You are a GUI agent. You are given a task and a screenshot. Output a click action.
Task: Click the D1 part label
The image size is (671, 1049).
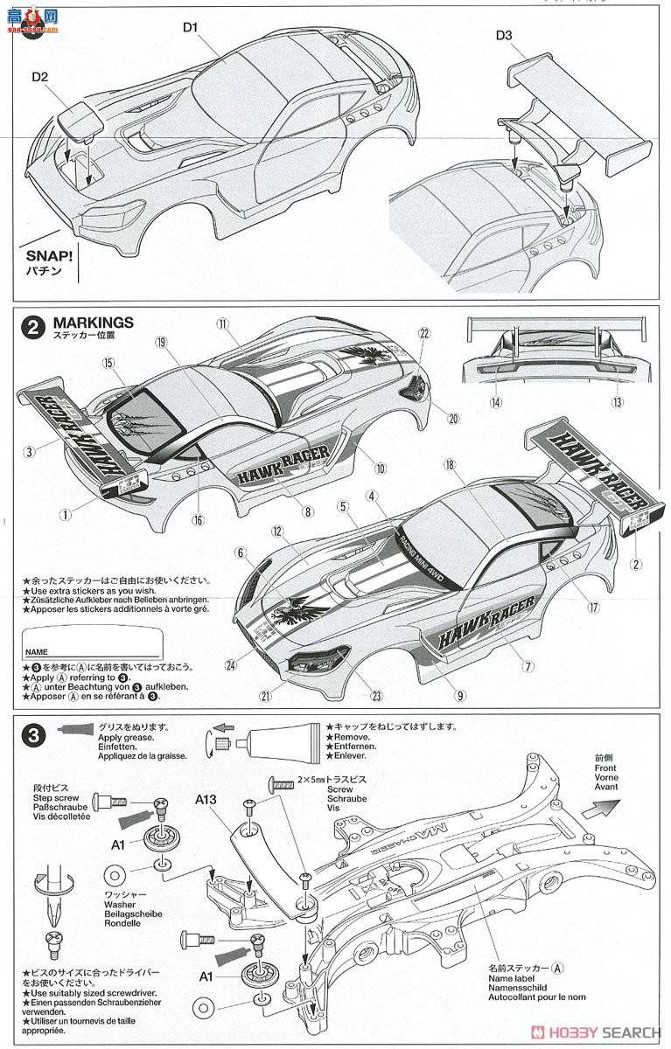pyautogui.click(x=192, y=28)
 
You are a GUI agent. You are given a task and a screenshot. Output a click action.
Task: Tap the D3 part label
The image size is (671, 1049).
pyautogui.click(x=505, y=35)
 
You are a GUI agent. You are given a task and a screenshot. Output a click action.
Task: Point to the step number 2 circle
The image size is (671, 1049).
pyautogui.click(x=32, y=328)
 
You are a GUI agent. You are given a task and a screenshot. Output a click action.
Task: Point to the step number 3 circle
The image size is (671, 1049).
pyautogui.click(x=32, y=736)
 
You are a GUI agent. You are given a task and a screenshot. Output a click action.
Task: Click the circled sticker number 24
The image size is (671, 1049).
pyautogui.click(x=231, y=665)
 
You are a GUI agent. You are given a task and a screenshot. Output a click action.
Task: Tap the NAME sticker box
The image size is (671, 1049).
pyautogui.click(x=92, y=643)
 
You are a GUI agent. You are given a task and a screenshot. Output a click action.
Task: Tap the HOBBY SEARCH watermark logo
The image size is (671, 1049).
pyautogui.click(x=605, y=1033)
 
